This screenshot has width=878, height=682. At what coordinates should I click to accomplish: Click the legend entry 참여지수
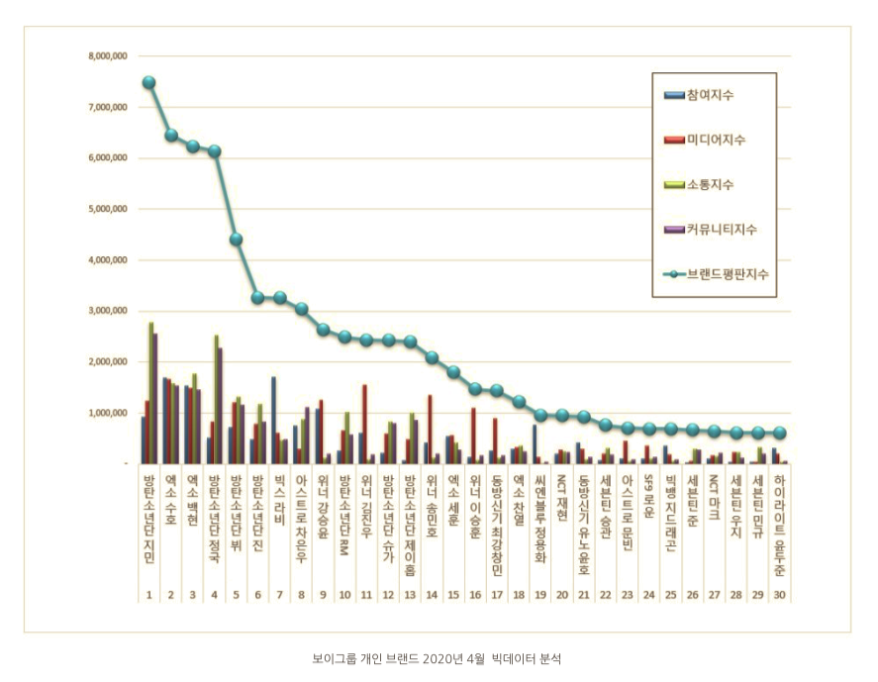710,95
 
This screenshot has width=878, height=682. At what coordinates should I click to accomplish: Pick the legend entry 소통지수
710,185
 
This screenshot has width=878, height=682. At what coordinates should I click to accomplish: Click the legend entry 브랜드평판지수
728,274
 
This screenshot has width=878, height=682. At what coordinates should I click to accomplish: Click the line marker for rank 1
148,83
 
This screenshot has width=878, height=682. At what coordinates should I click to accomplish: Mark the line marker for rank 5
236,239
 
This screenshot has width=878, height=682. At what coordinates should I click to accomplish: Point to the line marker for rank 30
780,433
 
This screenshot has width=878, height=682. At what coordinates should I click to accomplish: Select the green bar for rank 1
151,392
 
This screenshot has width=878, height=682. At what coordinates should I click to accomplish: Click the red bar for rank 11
364,424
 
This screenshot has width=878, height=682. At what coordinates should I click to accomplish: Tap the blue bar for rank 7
273,420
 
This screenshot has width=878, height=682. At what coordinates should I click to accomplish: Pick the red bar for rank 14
430,429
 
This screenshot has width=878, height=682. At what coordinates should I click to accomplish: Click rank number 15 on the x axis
452,594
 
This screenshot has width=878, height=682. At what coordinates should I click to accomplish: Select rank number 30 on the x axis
780,594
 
